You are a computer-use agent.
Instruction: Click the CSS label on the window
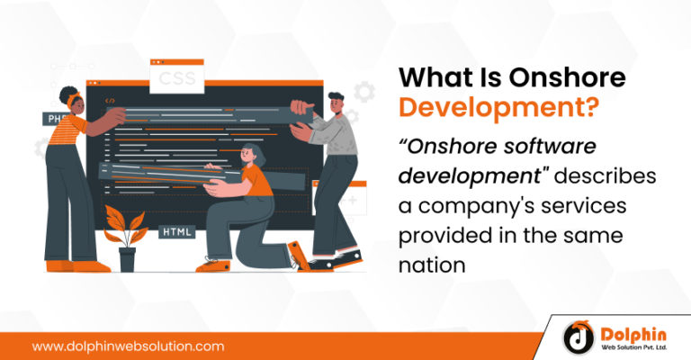coord(177,80)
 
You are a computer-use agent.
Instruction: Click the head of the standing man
coord(337,103)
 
